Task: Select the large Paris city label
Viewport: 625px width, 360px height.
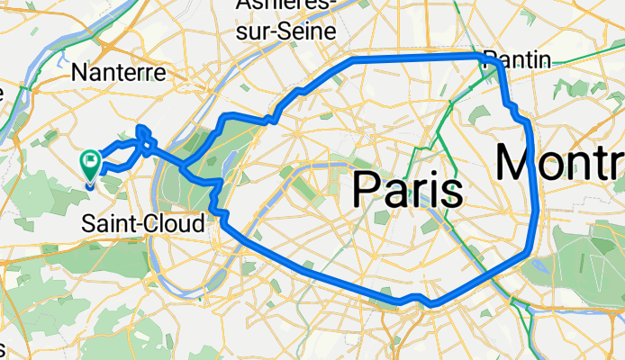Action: click(x=407, y=190)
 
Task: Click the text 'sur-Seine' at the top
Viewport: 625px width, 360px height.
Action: click(x=286, y=31)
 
